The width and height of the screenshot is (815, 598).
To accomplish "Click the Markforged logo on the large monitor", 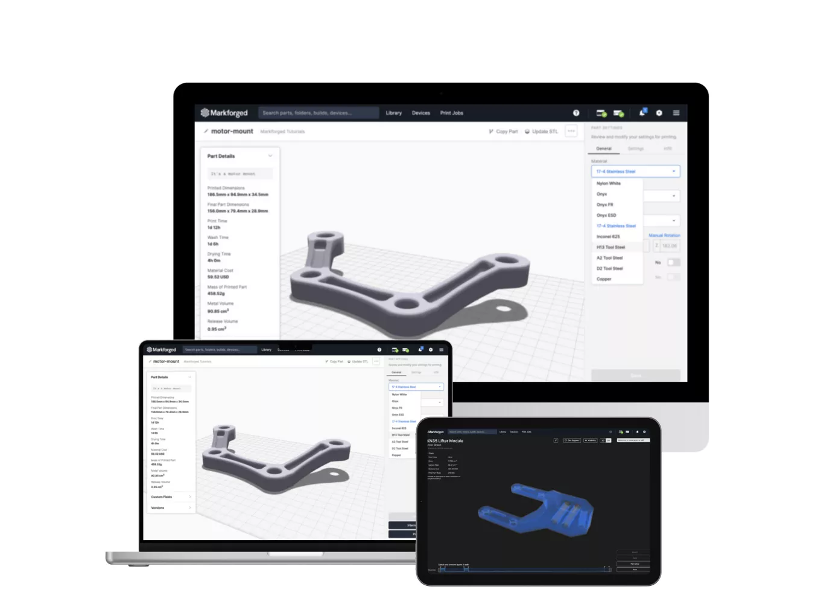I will pos(224,113).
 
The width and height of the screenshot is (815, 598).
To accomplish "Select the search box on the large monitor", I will pos(318,113).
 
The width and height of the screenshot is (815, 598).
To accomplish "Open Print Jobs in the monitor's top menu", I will pos(451,113).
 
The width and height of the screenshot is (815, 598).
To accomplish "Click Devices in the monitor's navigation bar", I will pos(420,113).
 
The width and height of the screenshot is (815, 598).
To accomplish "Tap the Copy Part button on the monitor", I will pos(503,131).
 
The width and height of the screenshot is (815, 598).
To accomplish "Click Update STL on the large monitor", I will pos(541,131).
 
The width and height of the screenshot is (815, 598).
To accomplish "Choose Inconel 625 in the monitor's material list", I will pos(607,236).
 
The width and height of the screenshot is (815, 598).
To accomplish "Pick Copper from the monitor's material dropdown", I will pos(604,279).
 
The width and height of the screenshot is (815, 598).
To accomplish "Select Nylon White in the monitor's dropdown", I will pos(608,183).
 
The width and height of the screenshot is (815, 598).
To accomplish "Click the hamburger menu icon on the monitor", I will pos(676,113).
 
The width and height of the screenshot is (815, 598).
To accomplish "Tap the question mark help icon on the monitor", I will pos(576,113).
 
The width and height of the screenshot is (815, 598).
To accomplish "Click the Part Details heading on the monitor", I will pos(221,156).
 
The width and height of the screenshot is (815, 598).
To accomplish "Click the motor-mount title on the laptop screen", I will pos(166,361).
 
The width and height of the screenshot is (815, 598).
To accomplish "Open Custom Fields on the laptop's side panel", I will pos(162,497).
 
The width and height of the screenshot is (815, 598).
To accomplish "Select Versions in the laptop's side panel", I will pos(157,508).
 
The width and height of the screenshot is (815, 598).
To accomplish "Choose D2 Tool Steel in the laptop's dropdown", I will pos(400,448).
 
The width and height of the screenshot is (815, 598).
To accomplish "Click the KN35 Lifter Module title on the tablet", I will pos(445,441).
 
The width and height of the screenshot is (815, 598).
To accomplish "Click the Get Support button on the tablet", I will pos(572,440).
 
